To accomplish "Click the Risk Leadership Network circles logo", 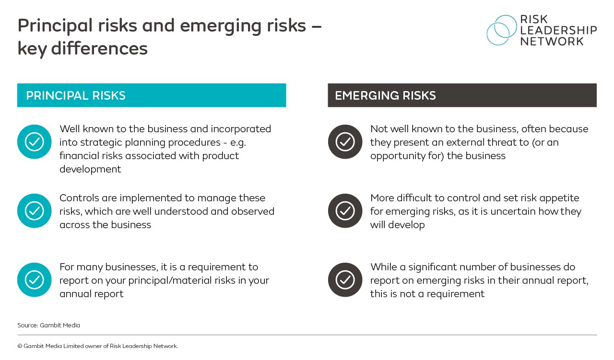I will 501,30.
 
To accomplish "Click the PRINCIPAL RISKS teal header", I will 152,95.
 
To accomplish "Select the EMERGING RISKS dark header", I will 462,95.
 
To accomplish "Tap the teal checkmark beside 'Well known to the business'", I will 34,141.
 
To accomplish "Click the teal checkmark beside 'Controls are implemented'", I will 34,210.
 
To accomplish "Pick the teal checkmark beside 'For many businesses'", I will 34,279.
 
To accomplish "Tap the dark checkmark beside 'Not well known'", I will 345,141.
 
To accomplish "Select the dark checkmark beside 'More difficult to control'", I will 345,210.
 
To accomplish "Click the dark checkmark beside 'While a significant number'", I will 345,279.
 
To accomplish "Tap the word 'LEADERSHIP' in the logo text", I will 558,30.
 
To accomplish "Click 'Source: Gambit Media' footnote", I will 48,325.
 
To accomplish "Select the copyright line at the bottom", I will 97,346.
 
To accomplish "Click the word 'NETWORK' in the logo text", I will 552,41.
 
